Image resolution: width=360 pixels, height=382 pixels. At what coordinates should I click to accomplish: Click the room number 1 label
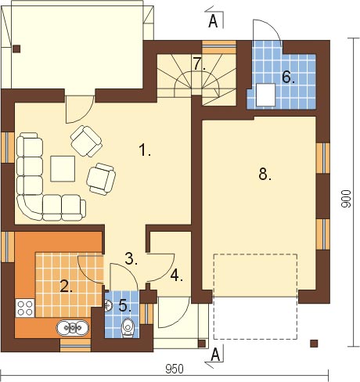(x=144, y=150)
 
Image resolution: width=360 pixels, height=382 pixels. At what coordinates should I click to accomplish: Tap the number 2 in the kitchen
(x=66, y=286)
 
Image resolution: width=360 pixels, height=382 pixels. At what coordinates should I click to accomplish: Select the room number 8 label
(x=265, y=174)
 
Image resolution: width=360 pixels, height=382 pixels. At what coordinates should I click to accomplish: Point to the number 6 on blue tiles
(x=288, y=77)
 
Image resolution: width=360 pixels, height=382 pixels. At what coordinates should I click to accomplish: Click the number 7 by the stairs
(x=199, y=64)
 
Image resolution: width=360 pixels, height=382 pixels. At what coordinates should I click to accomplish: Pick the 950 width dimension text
(x=175, y=369)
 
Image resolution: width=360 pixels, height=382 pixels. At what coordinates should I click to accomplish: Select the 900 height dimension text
(x=347, y=199)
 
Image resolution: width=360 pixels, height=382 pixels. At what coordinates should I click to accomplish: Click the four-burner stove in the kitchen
(x=25, y=308)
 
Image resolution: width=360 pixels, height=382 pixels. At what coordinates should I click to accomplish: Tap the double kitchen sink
(x=73, y=327)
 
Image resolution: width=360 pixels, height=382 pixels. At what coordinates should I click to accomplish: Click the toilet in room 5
(x=128, y=327)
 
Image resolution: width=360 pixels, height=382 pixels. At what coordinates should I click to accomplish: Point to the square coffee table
(x=63, y=168)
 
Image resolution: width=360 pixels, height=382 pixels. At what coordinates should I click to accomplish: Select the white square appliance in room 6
(x=266, y=95)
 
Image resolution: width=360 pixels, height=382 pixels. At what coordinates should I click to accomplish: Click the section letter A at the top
(x=213, y=21)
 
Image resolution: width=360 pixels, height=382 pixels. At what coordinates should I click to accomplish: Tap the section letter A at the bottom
(x=215, y=355)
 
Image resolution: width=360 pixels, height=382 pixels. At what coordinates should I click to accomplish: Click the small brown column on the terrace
(x=16, y=49)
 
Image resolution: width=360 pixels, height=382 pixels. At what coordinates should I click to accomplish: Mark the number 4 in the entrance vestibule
(x=177, y=276)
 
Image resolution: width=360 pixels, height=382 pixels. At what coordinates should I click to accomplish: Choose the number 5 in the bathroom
(x=124, y=305)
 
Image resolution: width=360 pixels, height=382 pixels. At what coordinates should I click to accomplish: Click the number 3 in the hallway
(x=131, y=258)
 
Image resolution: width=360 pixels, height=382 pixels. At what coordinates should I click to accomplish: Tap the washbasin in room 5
(x=109, y=305)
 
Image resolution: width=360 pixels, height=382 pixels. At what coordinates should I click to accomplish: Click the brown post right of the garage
(x=314, y=344)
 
